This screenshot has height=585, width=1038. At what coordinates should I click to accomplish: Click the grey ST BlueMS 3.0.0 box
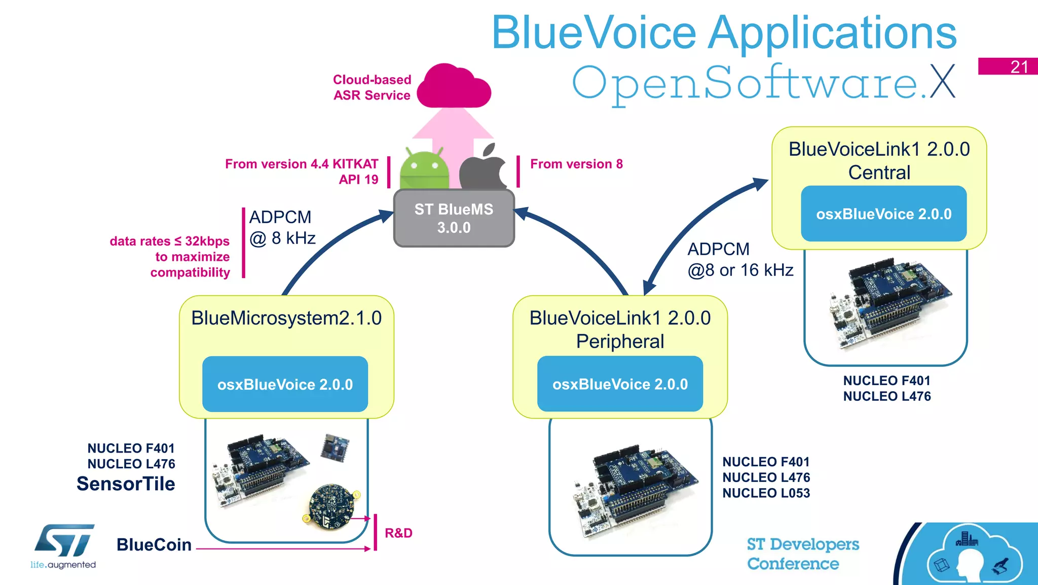(x=454, y=218)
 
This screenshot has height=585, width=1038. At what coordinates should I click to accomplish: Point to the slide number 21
(x=1019, y=66)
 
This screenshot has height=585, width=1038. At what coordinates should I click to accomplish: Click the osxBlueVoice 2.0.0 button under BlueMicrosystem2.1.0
(x=285, y=384)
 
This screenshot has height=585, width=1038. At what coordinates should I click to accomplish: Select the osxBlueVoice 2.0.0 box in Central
(x=883, y=214)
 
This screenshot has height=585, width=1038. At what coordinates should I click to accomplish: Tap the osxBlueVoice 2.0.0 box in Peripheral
(x=620, y=384)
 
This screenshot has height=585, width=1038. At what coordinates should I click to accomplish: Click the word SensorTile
(x=126, y=484)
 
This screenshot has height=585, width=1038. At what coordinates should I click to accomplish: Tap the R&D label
(x=398, y=533)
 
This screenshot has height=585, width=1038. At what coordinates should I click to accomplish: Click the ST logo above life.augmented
(x=64, y=540)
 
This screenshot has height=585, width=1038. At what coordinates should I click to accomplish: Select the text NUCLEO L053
(x=766, y=493)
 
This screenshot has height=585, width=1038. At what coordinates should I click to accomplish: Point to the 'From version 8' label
(x=576, y=164)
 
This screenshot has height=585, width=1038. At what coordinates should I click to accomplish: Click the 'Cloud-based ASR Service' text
(x=372, y=87)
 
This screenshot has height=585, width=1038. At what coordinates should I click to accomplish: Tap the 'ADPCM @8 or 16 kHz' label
(x=739, y=260)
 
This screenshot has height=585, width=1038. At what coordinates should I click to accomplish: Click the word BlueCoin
(x=154, y=544)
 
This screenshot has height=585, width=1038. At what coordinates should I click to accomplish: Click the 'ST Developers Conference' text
(x=802, y=554)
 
